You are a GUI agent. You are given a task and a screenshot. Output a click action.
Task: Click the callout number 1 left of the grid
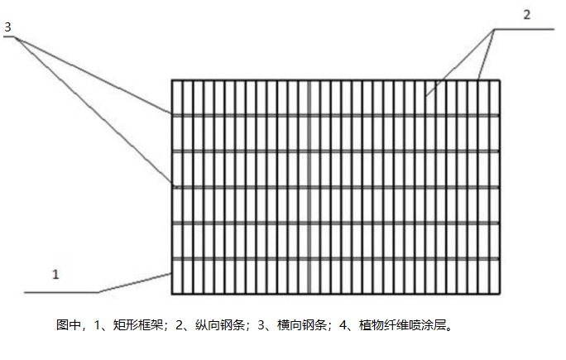tap(56, 275)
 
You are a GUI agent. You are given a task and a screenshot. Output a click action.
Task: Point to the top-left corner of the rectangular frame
tap(172, 80)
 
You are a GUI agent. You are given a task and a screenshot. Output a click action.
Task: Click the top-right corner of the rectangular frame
tap(500, 80)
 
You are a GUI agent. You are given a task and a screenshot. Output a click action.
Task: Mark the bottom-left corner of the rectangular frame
tap(172, 294)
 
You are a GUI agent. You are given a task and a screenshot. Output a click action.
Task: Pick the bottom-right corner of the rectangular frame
tap(500, 294)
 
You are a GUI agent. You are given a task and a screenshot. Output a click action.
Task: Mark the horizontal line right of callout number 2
tap(525, 29)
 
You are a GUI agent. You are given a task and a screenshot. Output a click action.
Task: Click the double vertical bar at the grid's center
tap(308, 187)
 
